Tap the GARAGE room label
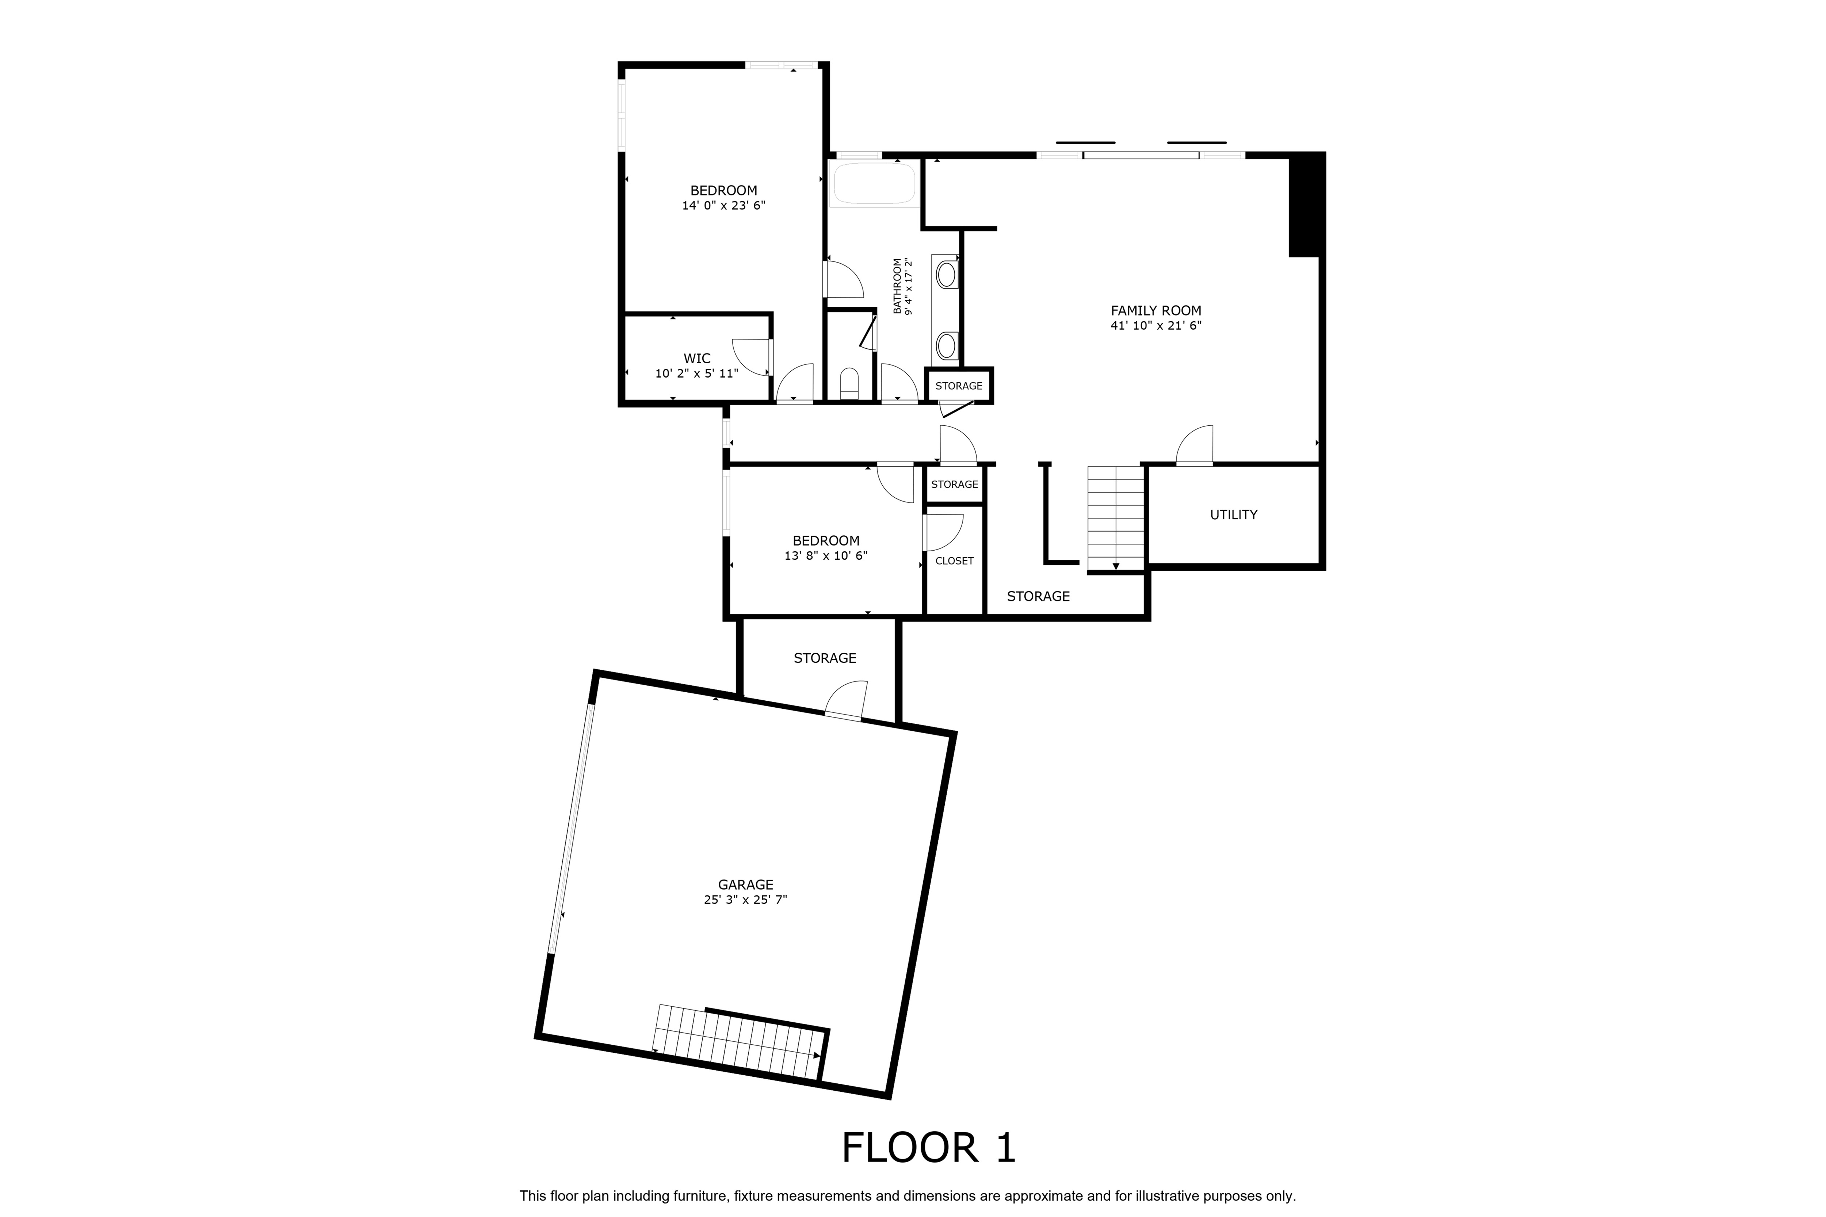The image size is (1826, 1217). (x=745, y=884)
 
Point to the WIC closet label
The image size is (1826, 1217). (x=696, y=359)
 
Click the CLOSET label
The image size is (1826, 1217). (x=954, y=560)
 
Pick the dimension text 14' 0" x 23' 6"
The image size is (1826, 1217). (x=723, y=206)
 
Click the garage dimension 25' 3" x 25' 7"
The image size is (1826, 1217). (x=745, y=900)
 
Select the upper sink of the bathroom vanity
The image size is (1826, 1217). (x=946, y=275)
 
